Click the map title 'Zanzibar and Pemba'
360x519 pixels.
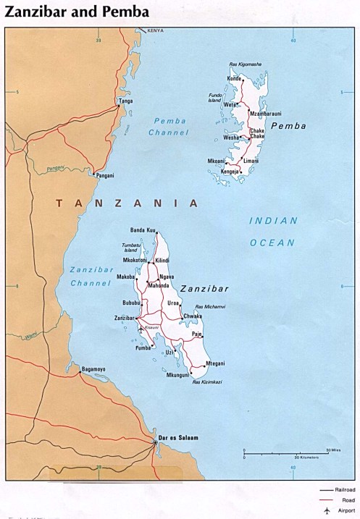tap(78, 12)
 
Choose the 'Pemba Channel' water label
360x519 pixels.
tap(168, 127)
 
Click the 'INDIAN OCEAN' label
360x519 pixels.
tap(272, 232)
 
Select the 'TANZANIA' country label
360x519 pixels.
tap(127, 203)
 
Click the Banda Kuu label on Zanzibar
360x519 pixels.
tap(143, 230)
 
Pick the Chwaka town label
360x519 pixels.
tap(193, 316)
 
